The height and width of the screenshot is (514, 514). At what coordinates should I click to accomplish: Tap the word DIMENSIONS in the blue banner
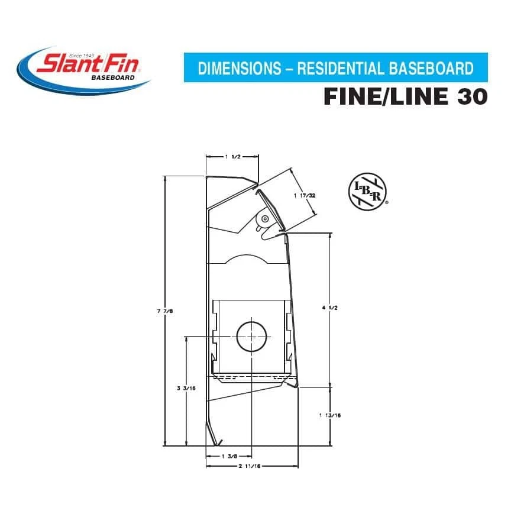(239, 69)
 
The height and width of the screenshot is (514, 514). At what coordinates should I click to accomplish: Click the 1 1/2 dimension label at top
(232, 157)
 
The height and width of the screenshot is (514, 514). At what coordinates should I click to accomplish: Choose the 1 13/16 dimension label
(329, 415)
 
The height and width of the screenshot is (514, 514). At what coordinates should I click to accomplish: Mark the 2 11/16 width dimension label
(251, 466)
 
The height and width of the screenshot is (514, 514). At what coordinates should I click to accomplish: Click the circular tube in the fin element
(253, 337)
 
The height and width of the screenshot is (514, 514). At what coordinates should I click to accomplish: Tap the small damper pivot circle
(264, 218)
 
